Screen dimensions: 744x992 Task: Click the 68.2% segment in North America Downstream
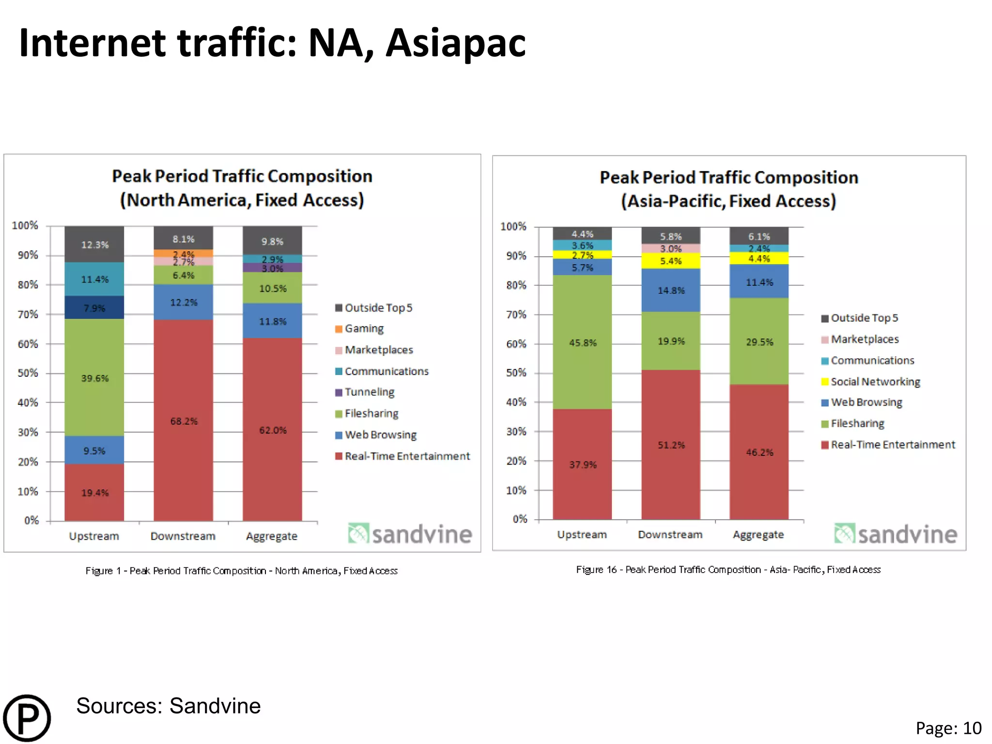183,420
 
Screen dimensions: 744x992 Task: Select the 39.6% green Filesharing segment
94,377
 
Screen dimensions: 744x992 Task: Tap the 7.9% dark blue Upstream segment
94,308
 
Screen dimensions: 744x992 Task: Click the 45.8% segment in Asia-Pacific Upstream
582,342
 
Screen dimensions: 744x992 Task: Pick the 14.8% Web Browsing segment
671,290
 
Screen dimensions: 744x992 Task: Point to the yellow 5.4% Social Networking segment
671,261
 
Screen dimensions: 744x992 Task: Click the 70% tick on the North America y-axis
28,314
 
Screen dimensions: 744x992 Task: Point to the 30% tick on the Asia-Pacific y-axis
516,431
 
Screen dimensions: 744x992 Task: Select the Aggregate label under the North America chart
271,536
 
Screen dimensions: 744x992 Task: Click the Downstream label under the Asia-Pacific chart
670,534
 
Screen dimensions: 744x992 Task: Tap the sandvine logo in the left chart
410,534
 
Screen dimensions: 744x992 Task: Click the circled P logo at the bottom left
27,718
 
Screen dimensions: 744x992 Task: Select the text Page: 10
948,728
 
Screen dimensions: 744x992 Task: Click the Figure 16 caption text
728,570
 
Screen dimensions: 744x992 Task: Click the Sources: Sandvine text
168,706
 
